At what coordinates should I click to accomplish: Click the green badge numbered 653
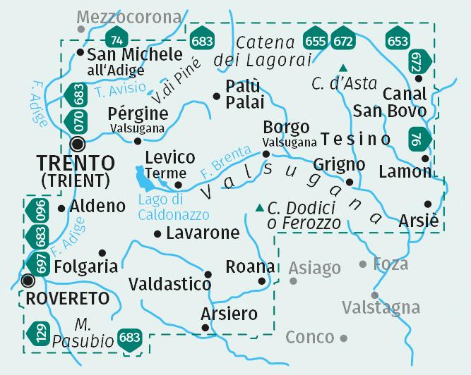[398, 41]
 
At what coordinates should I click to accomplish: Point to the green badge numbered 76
[418, 140]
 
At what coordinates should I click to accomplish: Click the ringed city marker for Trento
[78, 144]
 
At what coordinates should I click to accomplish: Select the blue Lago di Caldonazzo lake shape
[146, 178]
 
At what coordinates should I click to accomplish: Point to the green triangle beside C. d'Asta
[343, 68]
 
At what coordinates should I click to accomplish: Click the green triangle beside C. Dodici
[259, 207]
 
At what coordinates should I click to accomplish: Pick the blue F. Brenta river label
[225, 161]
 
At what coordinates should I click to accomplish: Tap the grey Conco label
[311, 337]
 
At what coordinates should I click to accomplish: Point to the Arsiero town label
[229, 314]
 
